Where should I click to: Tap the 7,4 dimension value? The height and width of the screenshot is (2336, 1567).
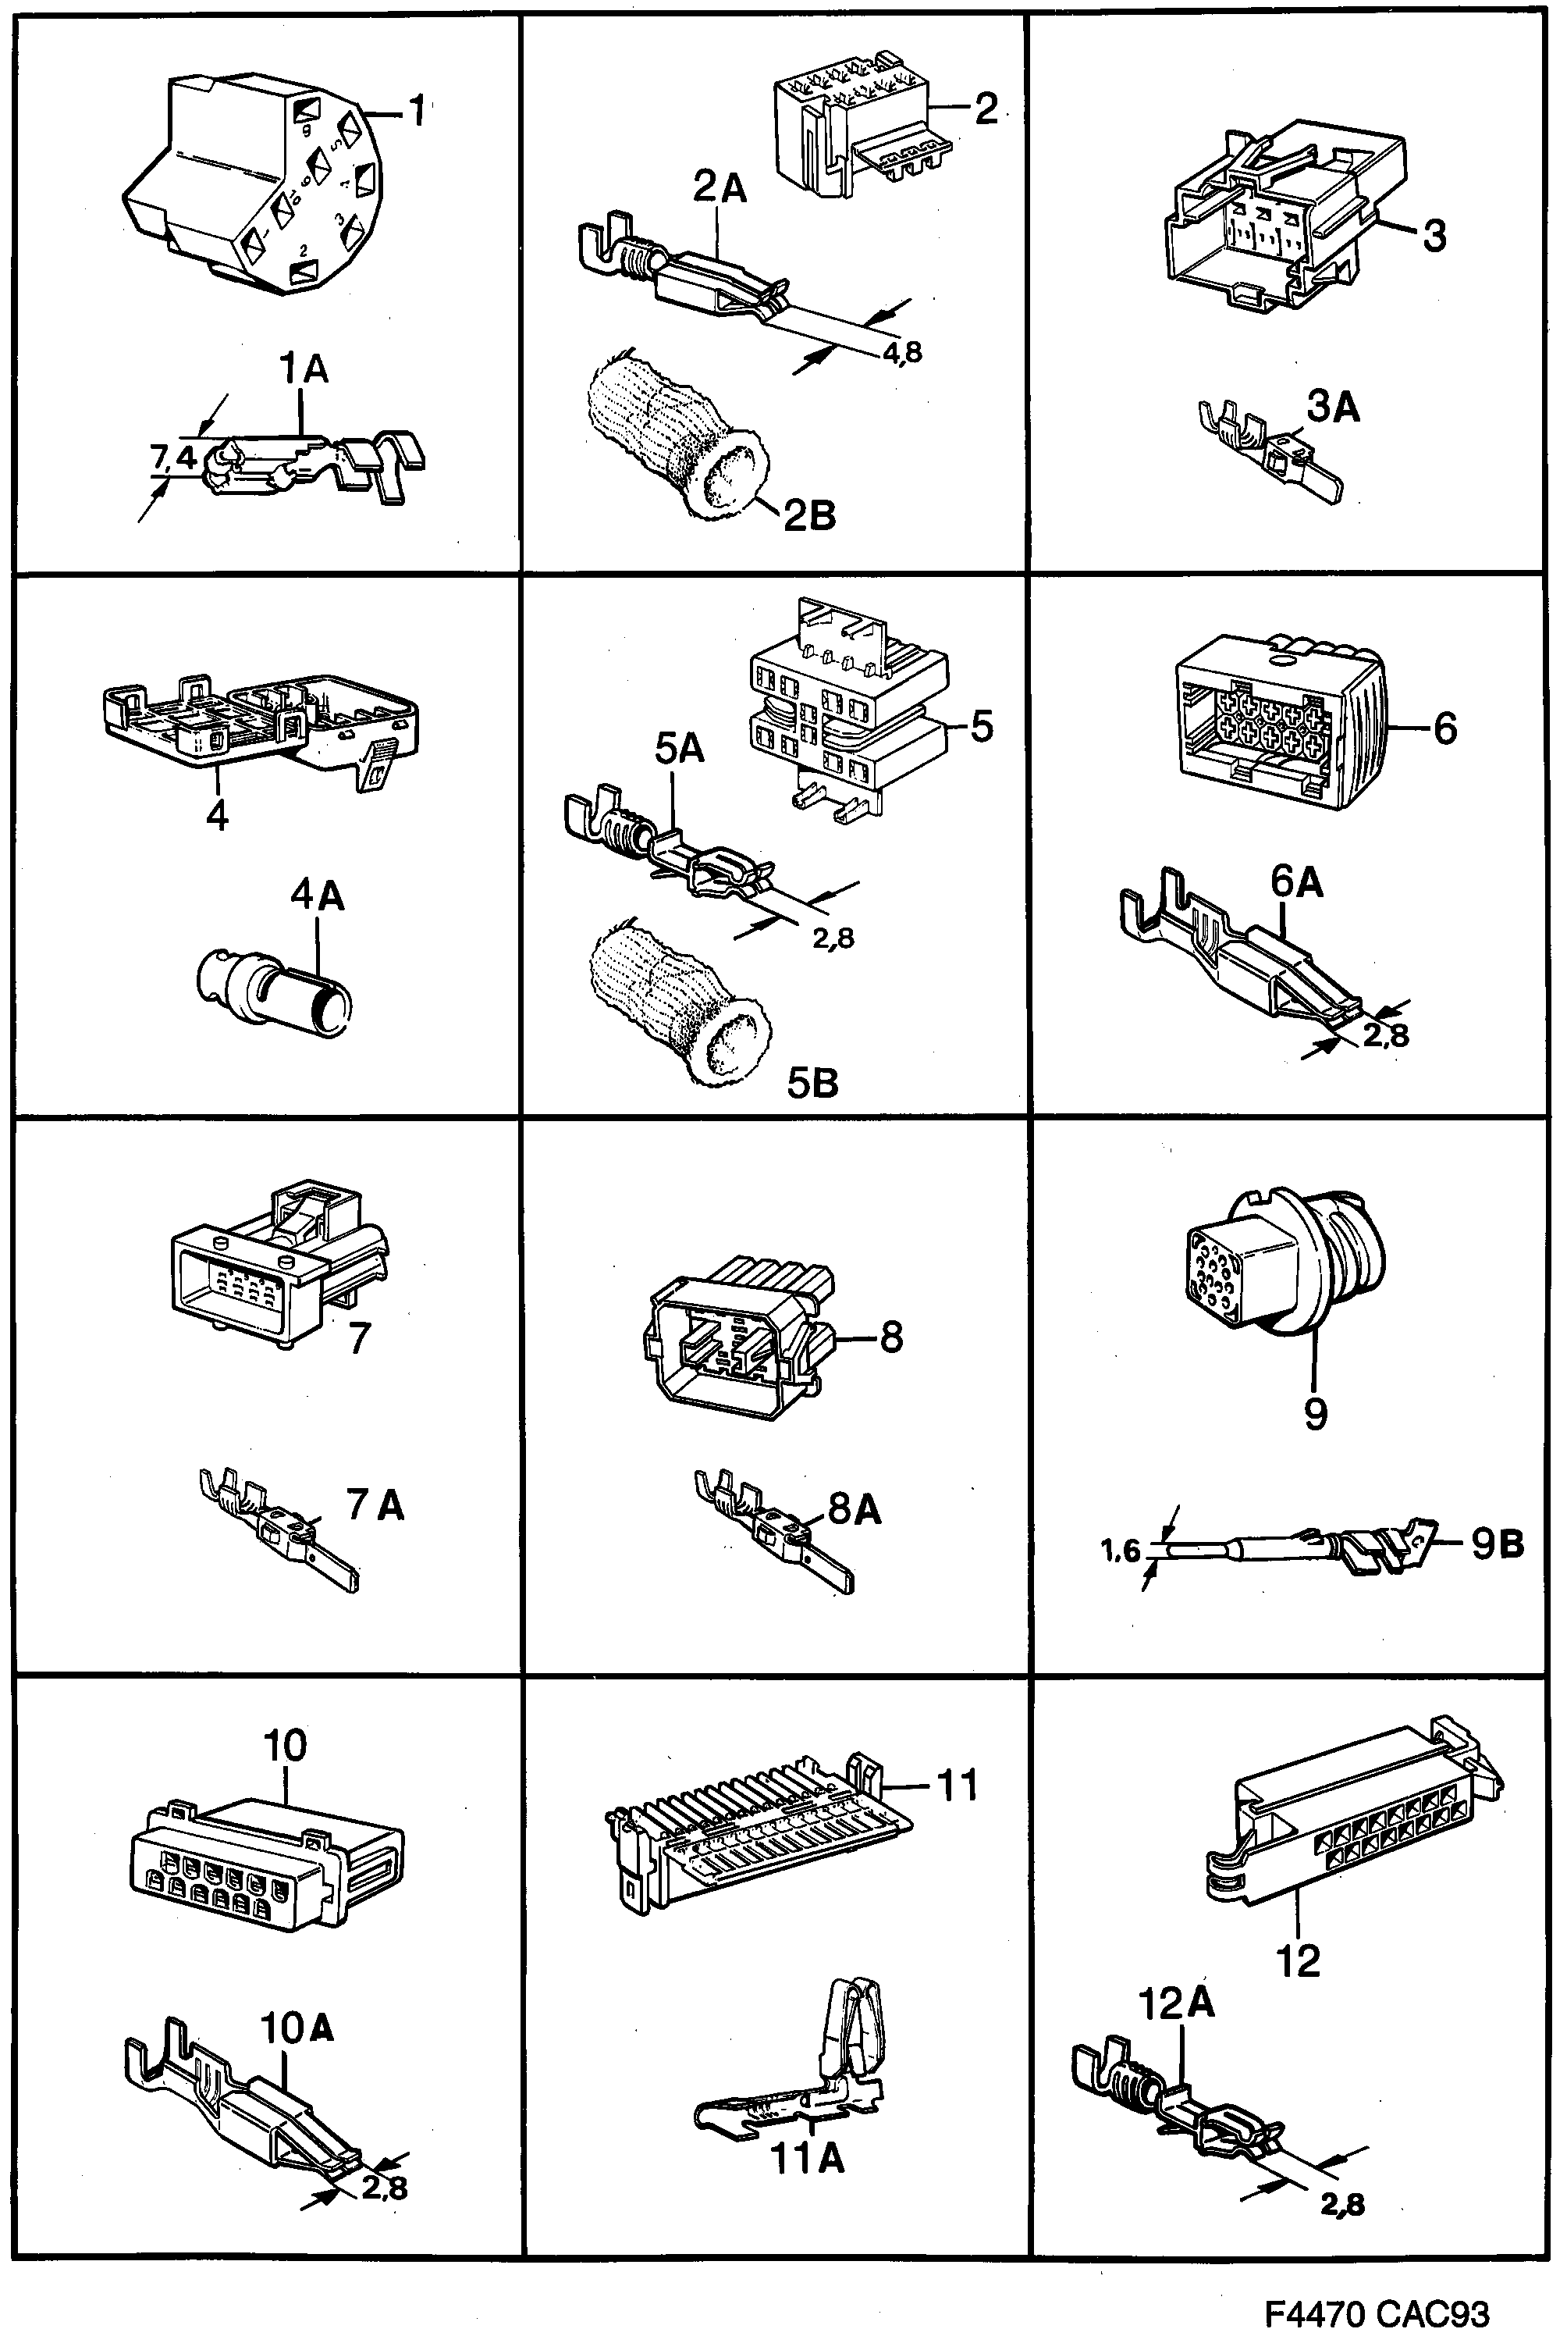(x=174, y=457)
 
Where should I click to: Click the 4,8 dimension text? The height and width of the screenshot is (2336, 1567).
(x=901, y=352)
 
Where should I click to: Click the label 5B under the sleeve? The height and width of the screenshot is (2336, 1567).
(x=812, y=1083)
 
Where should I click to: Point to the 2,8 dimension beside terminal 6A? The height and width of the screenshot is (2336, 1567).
(x=1386, y=1034)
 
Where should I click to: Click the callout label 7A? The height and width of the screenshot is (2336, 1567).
(x=376, y=1505)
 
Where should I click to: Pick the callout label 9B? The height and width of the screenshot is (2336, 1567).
(x=1497, y=1544)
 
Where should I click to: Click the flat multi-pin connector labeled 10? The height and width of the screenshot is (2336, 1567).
(x=264, y=1859)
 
